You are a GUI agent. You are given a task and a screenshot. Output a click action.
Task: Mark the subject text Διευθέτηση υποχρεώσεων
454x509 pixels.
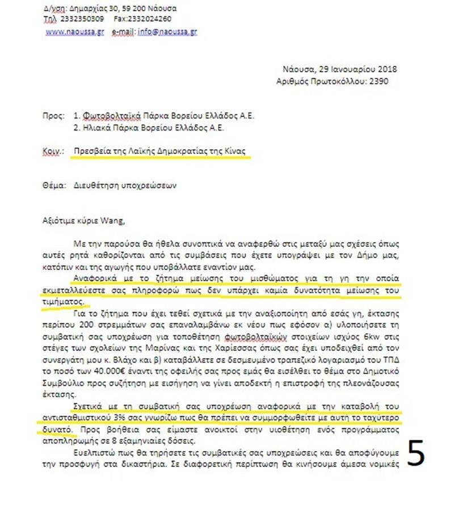coord(117,186)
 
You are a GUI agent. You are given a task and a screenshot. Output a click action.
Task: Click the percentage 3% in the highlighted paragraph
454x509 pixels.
coord(119,418)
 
